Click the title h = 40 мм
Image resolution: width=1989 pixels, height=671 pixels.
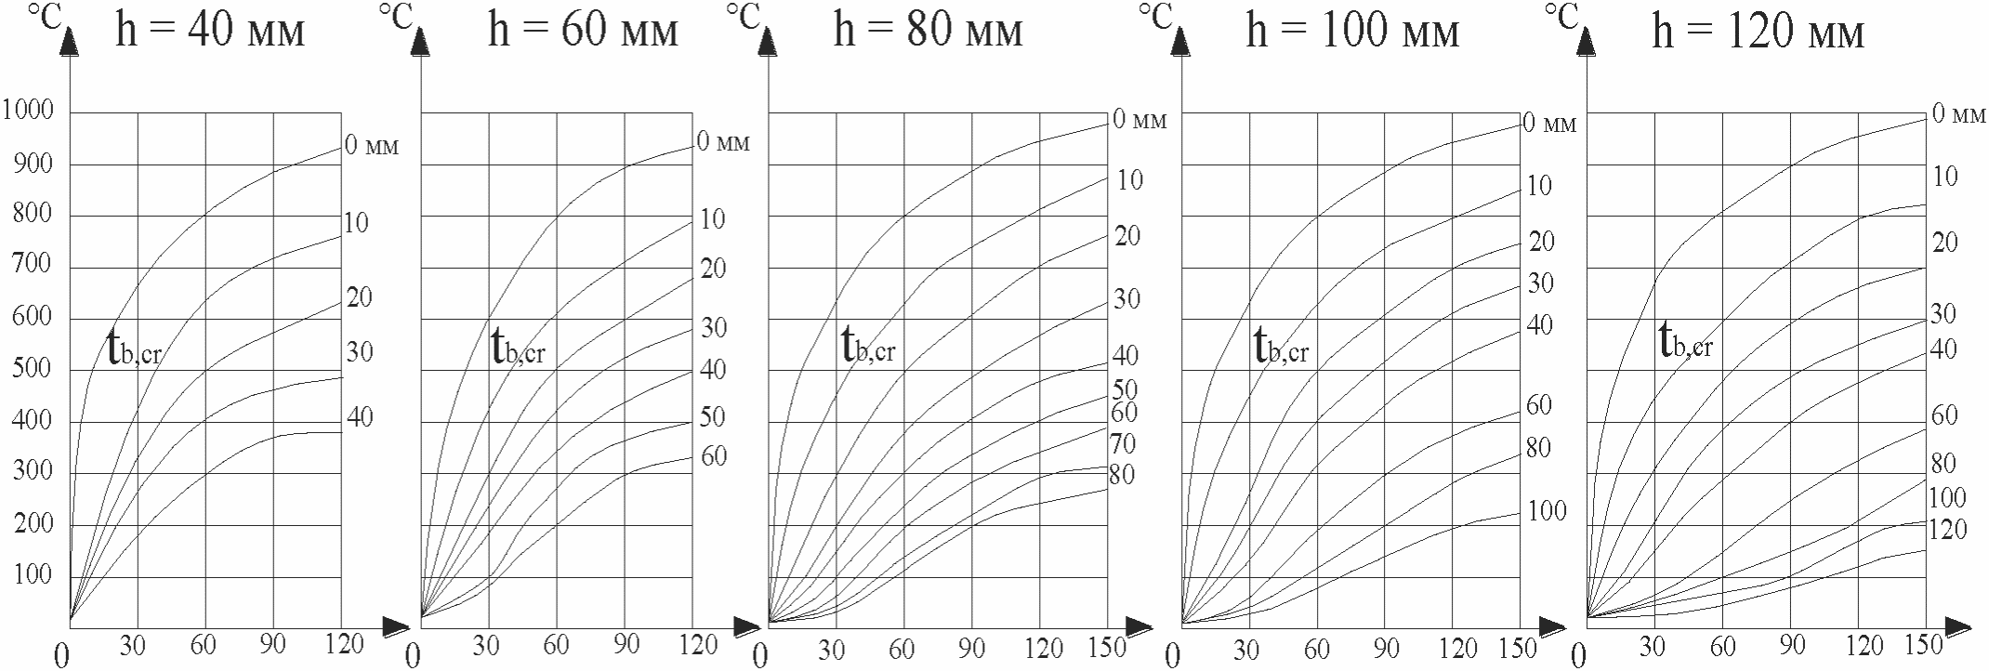[210, 32]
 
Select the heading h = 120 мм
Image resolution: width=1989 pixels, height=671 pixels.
[1758, 33]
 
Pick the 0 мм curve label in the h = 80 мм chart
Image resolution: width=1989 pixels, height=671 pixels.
[1139, 120]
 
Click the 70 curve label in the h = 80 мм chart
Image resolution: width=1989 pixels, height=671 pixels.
[1123, 444]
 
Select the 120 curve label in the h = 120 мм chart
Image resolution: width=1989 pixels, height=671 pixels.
[1947, 530]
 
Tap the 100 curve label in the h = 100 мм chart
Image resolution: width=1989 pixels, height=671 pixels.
[1547, 511]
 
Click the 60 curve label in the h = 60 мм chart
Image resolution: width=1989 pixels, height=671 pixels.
[714, 456]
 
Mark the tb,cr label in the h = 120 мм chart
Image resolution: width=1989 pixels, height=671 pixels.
[1685, 342]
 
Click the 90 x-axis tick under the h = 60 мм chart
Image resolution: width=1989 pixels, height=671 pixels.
[626, 644]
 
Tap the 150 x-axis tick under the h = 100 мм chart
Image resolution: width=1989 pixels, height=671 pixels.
[1518, 648]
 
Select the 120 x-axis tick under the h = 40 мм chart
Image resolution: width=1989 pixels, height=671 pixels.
[345, 644]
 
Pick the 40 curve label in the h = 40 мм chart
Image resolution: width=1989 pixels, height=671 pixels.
[360, 418]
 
